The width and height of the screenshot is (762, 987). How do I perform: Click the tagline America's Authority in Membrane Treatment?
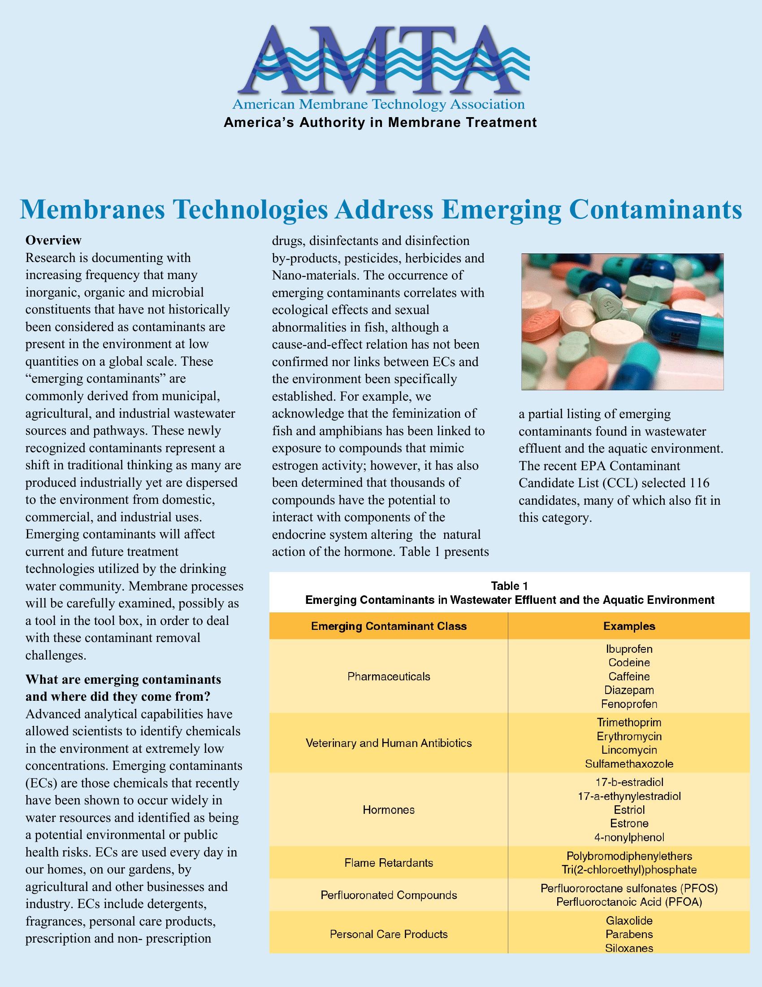point(380,122)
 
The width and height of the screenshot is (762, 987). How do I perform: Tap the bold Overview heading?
point(53,240)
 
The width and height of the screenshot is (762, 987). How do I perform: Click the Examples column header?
point(629,626)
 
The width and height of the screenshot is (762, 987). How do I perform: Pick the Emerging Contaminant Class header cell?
point(389,626)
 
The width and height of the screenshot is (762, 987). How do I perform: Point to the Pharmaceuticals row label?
point(389,677)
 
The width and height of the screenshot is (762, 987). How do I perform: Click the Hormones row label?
point(389,810)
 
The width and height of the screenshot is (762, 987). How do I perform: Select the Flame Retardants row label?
point(389,863)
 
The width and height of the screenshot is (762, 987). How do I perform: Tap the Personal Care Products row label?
point(389,934)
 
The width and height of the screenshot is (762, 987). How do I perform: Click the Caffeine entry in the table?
point(629,677)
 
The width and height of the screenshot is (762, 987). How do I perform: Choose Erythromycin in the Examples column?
point(629,736)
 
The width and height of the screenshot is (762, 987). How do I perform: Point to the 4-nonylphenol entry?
point(629,838)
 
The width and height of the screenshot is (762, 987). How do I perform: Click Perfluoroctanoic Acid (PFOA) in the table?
point(629,902)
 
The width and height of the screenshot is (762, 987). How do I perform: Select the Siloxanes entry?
point(629,948)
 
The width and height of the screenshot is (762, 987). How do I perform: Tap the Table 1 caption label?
point(509,586)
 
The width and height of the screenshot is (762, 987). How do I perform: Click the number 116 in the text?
point(699,483)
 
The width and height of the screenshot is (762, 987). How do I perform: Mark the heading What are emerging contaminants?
point(123,680)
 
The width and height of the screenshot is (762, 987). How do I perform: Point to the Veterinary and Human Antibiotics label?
point(389,743)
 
